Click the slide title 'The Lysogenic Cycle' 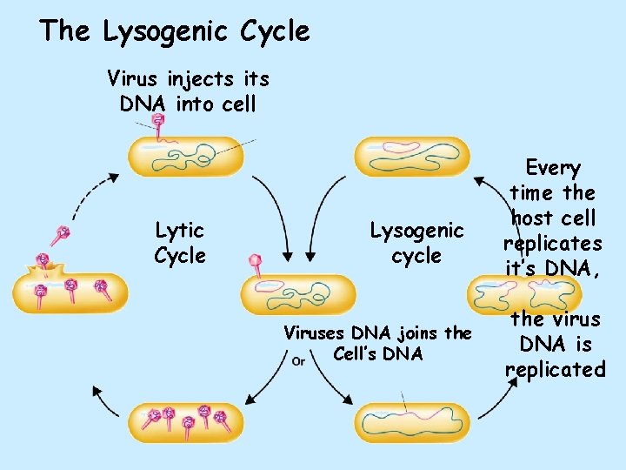point(174,32)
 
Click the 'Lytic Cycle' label point(180,243)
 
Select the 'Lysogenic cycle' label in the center point(416,243)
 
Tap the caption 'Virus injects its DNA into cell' point(188,91)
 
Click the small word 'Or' point(297,360)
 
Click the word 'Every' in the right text point(553,168)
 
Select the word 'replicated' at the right point(555,369)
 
